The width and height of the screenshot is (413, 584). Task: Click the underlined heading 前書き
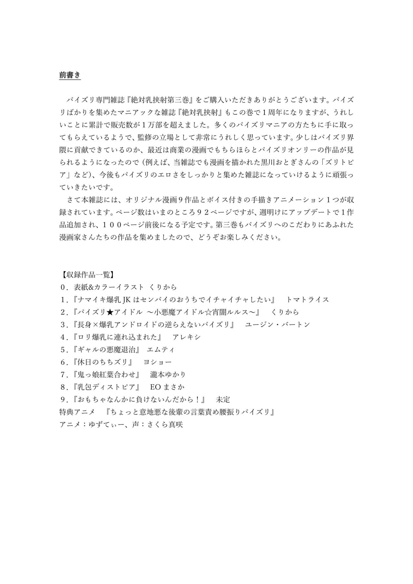70,75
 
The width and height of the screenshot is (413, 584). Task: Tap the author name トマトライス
307,299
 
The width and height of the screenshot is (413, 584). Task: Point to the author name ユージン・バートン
277,325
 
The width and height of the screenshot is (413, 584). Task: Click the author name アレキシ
186,337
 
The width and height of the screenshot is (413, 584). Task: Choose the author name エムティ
161,349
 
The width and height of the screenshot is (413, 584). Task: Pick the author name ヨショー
157,362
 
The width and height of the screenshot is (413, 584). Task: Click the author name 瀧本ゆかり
168,375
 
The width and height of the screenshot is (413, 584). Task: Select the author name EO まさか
167,387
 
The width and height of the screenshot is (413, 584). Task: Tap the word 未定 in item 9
223,399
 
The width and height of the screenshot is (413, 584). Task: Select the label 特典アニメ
77,412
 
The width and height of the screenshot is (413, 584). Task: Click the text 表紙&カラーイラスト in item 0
109,287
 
